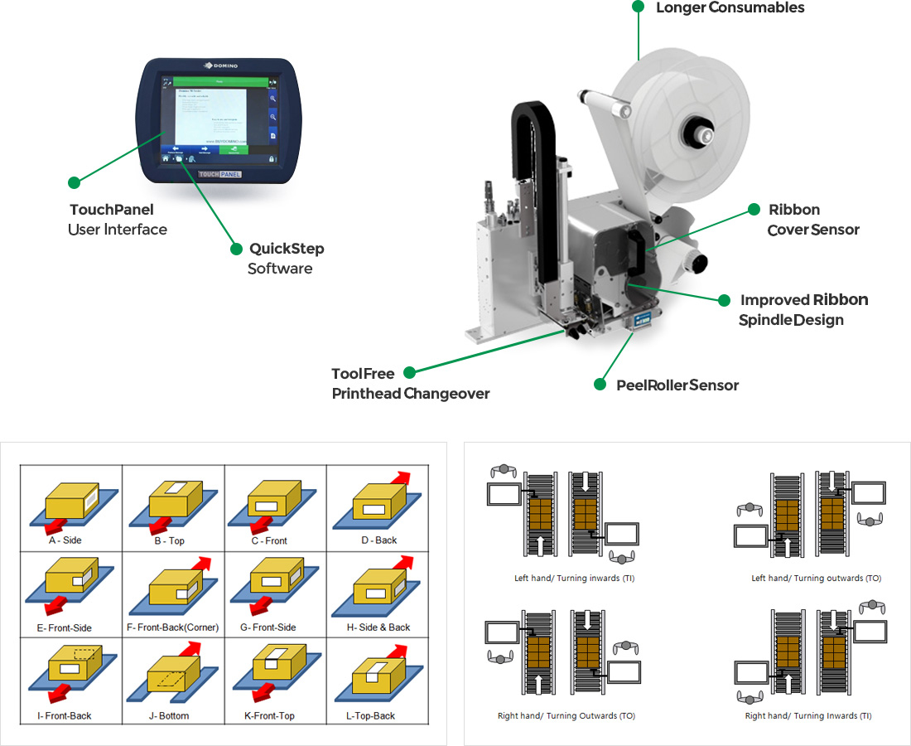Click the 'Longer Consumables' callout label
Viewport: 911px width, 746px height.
730,8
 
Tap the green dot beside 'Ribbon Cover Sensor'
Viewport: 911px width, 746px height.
754,209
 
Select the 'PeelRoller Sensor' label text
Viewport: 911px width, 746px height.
677,385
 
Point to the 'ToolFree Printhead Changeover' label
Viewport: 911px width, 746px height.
410,384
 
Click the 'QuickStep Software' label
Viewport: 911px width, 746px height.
286,259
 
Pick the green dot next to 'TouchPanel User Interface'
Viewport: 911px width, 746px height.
74,182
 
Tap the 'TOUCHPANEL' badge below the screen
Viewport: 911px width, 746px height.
219,175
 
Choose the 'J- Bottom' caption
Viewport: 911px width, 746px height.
172,715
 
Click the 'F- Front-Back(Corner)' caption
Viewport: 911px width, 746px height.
172,627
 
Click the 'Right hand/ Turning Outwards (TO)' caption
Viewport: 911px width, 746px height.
566,715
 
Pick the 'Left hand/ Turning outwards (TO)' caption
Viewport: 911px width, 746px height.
804,578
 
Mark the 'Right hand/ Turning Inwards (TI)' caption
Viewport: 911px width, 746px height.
808,715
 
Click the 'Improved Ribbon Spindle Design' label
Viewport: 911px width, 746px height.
803,309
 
